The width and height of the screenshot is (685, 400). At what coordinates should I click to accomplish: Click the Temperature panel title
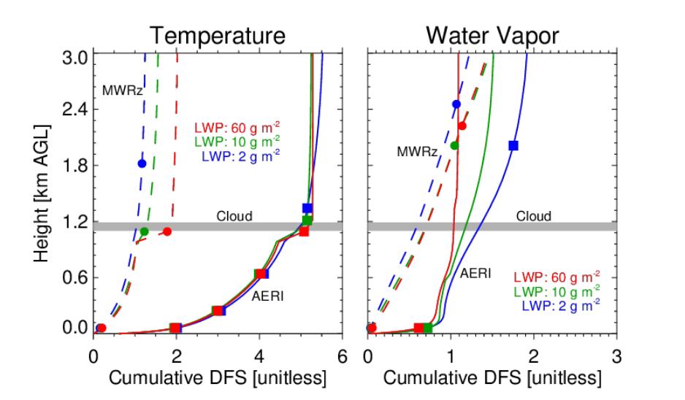point(218,35)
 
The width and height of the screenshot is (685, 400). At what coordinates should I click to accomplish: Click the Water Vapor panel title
point(493,35)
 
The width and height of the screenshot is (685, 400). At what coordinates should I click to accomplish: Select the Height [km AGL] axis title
point(42,193)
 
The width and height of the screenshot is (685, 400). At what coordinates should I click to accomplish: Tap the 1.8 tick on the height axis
point(75,165)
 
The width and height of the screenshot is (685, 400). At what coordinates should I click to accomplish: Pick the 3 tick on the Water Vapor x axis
point(616,358)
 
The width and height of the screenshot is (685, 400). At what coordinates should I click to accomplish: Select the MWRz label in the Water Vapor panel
point(417,152)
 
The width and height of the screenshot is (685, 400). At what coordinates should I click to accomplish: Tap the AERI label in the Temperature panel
point(267,296)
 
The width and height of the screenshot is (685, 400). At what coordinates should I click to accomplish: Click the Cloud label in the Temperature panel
point(234,216)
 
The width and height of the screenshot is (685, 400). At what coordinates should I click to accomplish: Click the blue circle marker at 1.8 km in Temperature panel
point(142,164)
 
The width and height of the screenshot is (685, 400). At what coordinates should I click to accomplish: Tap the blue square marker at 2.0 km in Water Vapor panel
point(513,145)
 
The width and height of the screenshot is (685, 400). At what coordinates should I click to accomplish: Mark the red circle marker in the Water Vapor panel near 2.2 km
point(462,126)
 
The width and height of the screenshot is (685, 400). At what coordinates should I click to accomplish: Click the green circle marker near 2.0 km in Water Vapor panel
point(454,145)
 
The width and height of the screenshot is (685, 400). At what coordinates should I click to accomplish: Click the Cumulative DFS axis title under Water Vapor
point(492,379)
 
